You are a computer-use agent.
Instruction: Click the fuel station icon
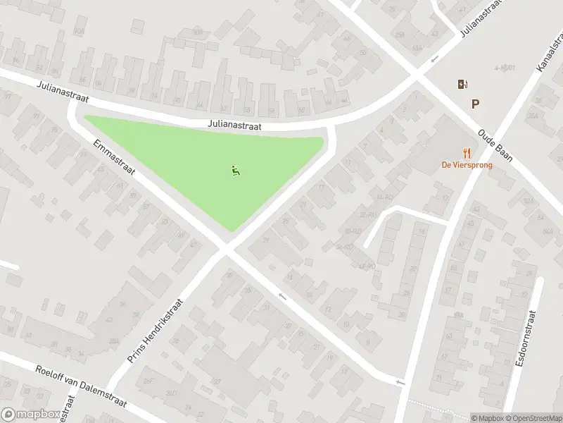[462, 85]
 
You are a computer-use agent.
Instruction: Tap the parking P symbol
[476, 104]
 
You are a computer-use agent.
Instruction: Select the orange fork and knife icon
[467, 152]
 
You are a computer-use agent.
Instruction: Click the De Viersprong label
[467, 165]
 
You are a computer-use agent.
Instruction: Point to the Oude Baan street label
[495, 145]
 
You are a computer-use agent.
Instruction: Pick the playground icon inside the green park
[235, 170]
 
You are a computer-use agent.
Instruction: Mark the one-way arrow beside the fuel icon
[435, 59]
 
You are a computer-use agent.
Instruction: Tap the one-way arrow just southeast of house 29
[283, 296]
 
